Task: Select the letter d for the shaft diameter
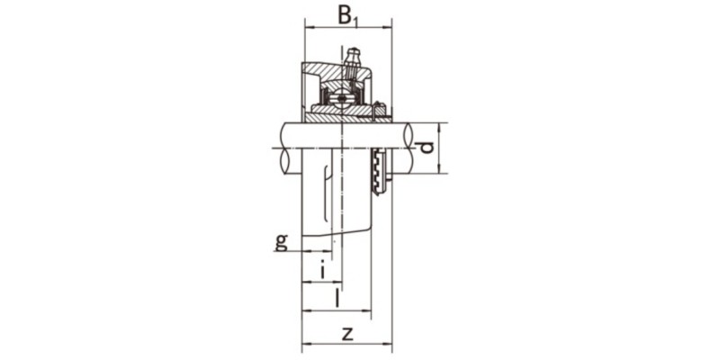pos(427,147)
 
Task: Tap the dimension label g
pos(282,240)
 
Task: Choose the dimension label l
pos(337,297)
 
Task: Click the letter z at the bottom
pos(347,332)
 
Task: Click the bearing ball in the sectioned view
pos(343,94)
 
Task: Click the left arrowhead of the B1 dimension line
pos(309,27)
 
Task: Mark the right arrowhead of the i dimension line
pos(328,282)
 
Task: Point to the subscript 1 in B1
pos(358,20)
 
